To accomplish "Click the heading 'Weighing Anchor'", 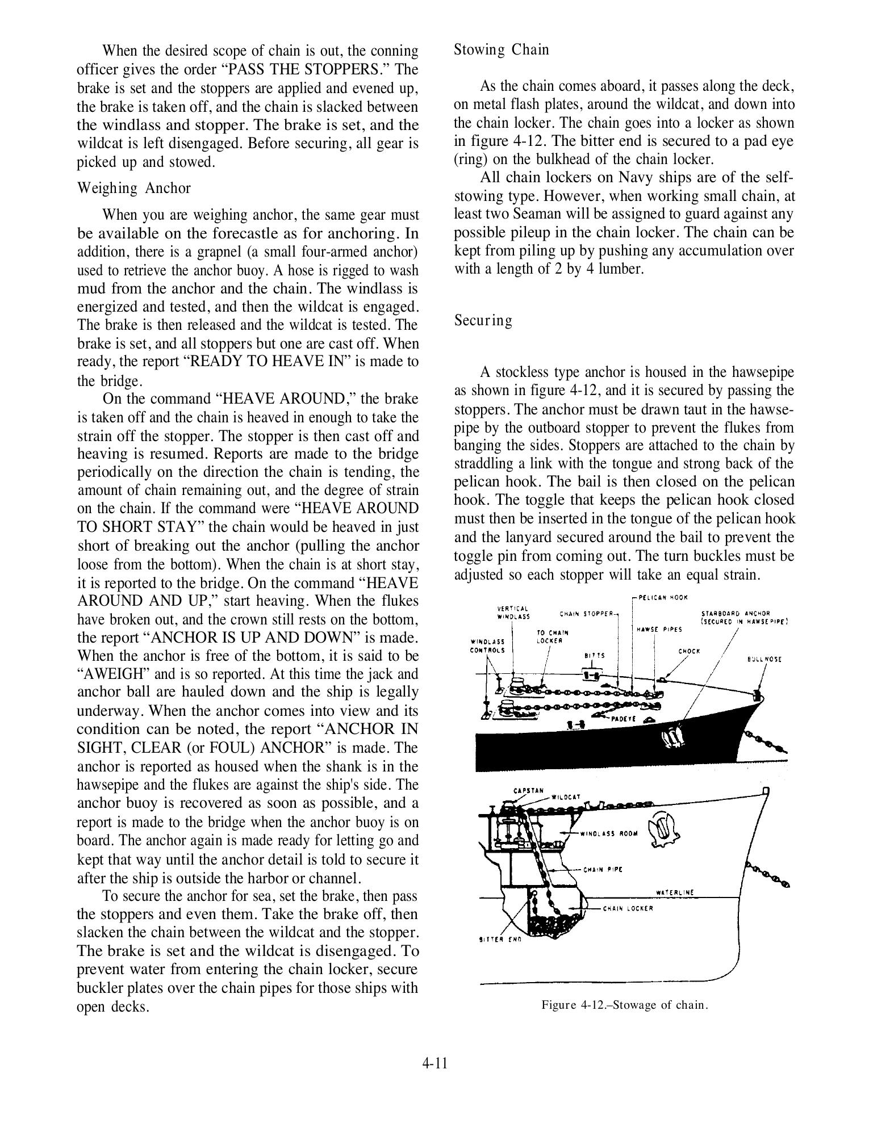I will point(133,188).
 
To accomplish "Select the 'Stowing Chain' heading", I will point(502,50).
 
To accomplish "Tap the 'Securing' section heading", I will point(483,321).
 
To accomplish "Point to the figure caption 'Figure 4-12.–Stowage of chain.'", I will point(625,1005).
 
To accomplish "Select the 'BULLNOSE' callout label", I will point(764,660).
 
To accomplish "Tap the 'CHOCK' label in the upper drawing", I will point(689,651).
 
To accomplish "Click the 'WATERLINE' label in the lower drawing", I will point(675,892).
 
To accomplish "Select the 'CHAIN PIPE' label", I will point(603,869).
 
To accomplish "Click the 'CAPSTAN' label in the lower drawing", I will point(528,791).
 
